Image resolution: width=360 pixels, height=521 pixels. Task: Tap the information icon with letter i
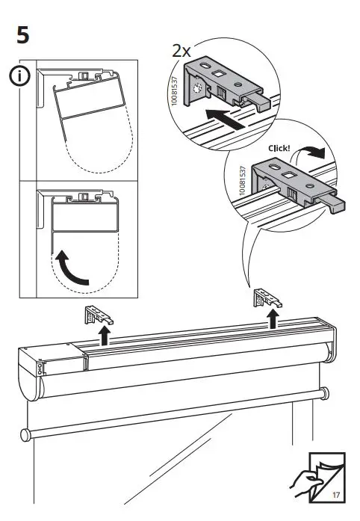22,76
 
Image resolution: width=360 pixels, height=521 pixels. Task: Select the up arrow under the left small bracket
105,336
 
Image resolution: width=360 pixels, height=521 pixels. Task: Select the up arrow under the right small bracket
273,319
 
